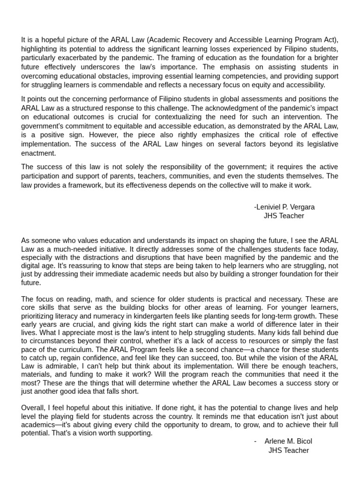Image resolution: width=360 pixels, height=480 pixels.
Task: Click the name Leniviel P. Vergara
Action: [285, 207]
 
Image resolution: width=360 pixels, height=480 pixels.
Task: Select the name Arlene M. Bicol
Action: [288, 441]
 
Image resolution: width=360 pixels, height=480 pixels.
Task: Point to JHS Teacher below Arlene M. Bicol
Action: [288, 450]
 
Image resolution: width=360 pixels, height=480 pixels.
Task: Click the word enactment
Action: [38, 153]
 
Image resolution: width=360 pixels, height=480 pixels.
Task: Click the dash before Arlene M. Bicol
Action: [255, 441]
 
